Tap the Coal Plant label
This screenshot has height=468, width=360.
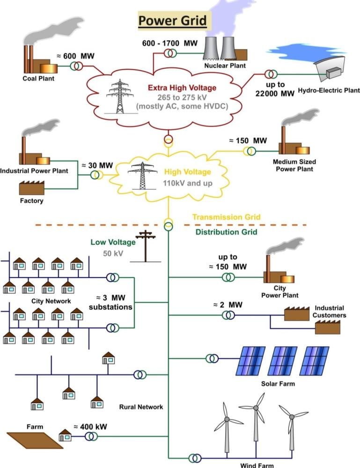(x=38, y=78)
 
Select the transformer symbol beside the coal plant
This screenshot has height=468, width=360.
(x=76, y=66)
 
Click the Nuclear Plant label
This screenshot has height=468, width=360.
(x=224, y=66)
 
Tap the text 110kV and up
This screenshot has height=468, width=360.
(x=188, y=183)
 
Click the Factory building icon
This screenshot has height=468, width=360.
(x=31, y=188)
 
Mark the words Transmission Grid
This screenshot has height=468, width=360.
(x=227, y=217)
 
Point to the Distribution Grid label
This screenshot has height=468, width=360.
(x=226, y=232)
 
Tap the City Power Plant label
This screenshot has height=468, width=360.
(x=279, y=292)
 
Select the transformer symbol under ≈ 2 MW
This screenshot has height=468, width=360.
(x=228, y=315)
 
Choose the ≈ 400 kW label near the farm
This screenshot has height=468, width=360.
(x=89, y=426)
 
